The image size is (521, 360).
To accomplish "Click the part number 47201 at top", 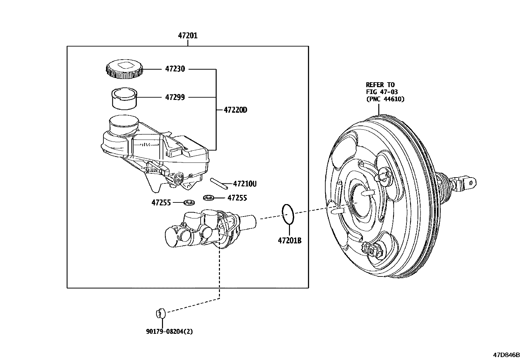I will (x=188, y=35).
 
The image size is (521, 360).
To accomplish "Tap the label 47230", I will (x=175, y=69).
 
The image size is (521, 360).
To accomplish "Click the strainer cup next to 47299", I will (x=124, y=98).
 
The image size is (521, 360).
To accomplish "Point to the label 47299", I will (x=175, y=97).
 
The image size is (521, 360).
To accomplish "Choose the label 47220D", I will (x=235, y=110).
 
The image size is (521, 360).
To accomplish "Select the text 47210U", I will (x=244, y=184).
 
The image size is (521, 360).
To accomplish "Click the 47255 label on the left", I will (x=161, y=203).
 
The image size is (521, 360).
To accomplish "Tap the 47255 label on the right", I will (x=237, y=198).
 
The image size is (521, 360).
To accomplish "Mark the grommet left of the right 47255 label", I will (x=208, y=198).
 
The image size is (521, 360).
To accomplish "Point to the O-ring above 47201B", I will (x=288, y=214).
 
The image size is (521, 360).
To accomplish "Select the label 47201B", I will (x=290, y=241).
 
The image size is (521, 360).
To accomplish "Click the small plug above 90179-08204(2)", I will (x=160, y=313).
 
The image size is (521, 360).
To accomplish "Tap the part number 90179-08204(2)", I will (x=170, y=332).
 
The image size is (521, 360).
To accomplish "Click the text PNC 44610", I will (x=385, y=99).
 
